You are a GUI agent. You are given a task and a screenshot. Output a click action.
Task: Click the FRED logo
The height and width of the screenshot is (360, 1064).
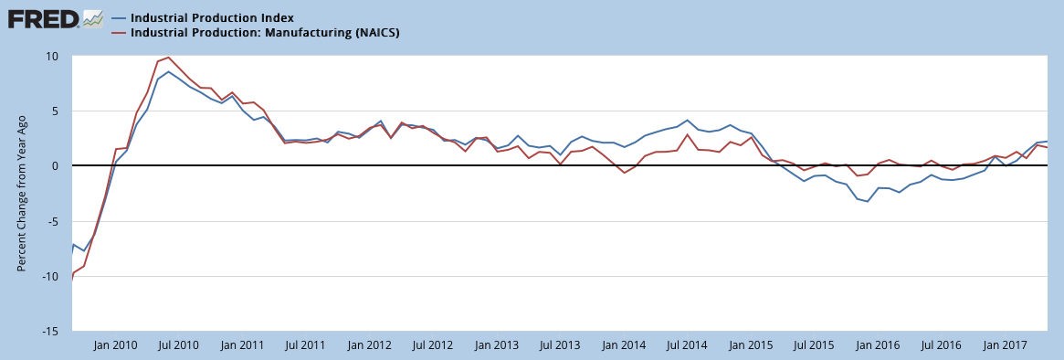(44, 19)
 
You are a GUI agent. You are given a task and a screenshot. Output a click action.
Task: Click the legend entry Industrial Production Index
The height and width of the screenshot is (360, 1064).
(212, 17)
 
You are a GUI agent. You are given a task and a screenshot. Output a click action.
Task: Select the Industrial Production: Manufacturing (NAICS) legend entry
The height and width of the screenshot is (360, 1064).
(265, 32)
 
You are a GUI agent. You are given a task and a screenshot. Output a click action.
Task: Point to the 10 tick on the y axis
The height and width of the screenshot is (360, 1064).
(53, 56)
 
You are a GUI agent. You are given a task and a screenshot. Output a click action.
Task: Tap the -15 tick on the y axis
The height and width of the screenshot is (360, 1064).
(51, 332)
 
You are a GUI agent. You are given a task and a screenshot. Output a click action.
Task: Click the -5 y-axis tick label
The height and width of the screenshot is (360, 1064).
(53, 221)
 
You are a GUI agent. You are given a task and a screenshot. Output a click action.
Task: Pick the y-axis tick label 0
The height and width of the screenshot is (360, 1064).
(56, 165)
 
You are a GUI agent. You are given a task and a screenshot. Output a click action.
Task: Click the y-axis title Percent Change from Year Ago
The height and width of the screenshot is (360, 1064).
(22, 194)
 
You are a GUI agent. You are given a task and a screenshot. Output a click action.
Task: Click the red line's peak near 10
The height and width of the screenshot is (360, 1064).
(168, 57)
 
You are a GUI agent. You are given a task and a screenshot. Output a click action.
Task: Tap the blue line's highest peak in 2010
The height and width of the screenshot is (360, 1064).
(168, 71)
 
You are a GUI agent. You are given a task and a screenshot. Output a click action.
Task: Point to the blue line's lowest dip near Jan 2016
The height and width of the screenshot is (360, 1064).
(868, 202)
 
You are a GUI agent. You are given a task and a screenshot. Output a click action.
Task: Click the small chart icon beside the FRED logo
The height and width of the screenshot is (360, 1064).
(92, 19)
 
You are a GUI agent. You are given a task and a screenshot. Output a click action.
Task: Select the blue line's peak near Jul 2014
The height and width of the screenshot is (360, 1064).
(688, 121)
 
